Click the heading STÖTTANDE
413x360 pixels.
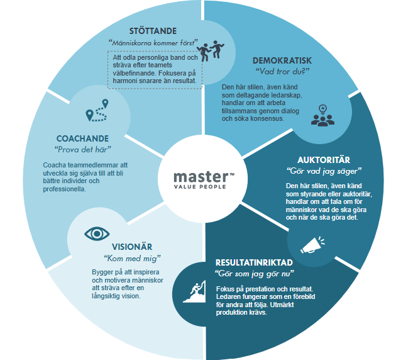click(153, 30)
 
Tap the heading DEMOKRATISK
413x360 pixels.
click(282, 60)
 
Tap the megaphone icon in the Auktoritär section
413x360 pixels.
click(312, 245)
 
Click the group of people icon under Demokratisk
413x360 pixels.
click(322, 116)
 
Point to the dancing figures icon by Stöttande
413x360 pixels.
click(211, 50)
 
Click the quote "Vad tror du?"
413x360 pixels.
click(282, 72)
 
